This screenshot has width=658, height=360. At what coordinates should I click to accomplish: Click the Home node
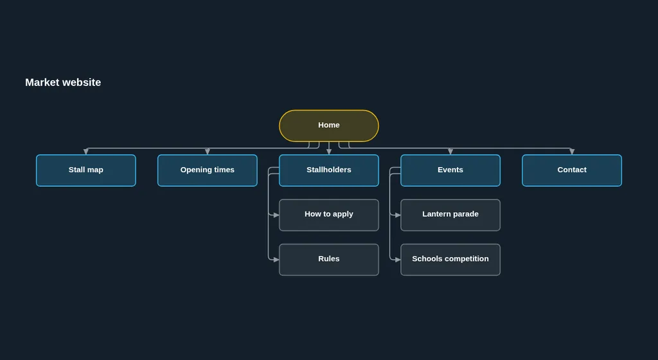(329, 126)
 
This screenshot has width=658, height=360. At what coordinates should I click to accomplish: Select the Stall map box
(86, 170)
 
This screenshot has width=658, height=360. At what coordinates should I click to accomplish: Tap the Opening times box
(208, 170)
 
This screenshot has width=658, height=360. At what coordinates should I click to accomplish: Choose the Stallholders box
(329, 170)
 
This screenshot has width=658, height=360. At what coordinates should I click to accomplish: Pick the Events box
(450, 170)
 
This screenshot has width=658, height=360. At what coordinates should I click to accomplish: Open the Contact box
(572, 170)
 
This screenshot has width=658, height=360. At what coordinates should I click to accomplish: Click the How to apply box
(329, 215)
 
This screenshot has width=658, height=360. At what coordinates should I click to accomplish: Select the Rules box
(329, 260)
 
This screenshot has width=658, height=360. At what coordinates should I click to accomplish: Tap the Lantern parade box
(450, 215)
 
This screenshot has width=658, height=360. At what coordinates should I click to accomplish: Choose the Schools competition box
(450, 260)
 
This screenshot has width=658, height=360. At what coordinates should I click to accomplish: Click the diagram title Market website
(63, 82)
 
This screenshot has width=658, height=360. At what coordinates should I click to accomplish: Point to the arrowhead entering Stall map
(86, 152)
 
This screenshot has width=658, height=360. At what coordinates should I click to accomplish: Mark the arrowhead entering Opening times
(208, 152)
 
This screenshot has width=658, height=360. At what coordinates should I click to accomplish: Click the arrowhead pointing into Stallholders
(329, 152)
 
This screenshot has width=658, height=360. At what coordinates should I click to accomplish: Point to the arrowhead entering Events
(450, 152)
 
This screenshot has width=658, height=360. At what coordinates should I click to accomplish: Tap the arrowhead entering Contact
(572, 152)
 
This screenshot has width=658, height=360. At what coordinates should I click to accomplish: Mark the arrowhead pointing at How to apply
(276, 215)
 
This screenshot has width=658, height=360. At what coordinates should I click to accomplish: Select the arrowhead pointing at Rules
(276, 260)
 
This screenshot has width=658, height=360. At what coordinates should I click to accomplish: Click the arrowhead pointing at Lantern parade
(397, 215)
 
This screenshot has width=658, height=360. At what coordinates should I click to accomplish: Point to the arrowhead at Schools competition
(397, 260)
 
